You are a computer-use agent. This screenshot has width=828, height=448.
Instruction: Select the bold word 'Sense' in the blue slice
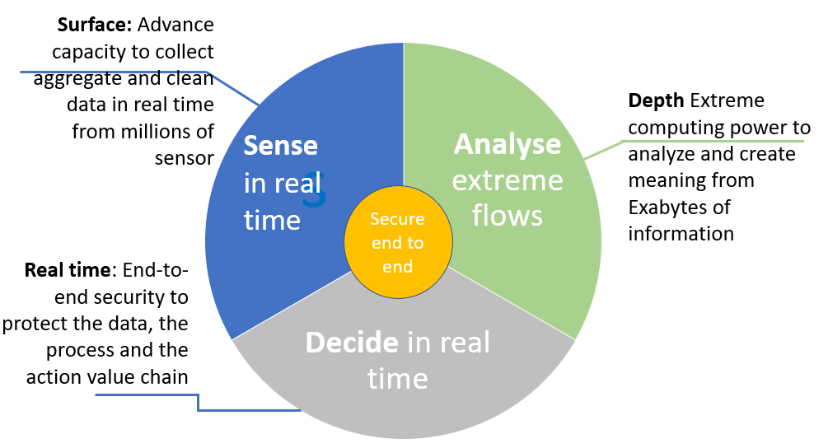(x=281, y=146)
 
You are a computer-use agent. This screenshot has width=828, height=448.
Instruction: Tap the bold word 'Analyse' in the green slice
(x=508, y=144)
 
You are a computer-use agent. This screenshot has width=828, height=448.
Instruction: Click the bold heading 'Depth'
(x=656, y=100)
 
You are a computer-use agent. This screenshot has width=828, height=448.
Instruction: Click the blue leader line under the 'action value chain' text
(x=148, y=395)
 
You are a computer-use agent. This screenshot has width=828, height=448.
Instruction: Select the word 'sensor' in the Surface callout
(x=185, y=156)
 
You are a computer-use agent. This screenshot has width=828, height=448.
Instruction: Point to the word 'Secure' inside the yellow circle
(x=397, y=219)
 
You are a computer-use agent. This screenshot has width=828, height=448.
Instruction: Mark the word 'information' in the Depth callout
(x=681, y=233)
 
